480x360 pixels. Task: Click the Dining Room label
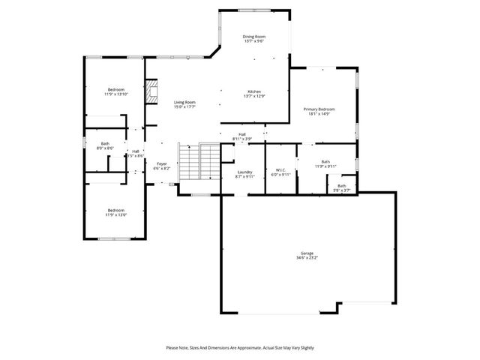[x=253, y=37]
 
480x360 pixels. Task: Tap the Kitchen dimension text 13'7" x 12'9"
[x=253, y=96]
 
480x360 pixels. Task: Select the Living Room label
[x=184, y=102]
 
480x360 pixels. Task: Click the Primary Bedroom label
[x=319, y=109]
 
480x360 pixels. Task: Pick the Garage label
[x=307, y=253]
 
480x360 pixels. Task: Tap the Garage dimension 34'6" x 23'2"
[x=307, y=258]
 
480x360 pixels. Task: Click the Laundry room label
[x=245, y=172]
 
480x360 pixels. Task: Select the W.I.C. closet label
[x=281, y=169]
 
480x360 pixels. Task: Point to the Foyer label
[x=162, y=163]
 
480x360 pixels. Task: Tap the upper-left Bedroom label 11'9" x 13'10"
[x=115, y=89]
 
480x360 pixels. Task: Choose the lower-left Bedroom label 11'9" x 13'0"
[x=115, y=210]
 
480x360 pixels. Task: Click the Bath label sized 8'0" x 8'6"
[x=105, y=144]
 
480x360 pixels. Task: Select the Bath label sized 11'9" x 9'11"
[x=325, y=161]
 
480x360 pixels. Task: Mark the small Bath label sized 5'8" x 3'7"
[x=342, y=186]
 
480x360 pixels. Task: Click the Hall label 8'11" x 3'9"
[x=241, y=134]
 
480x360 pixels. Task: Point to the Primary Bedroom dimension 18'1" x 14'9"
[x=319, y=115]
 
